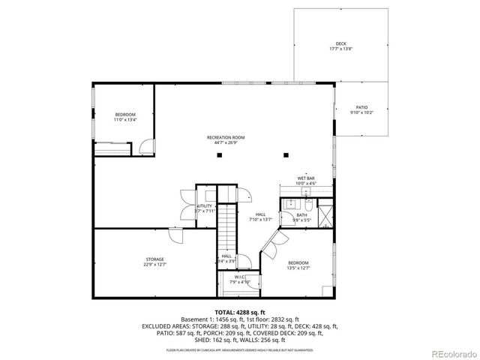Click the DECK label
click(340, 45)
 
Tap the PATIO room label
click(361, 108)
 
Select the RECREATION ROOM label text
click(226, 137)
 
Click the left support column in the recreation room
click(220, 155)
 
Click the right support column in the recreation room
click(286, 155)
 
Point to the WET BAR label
click(306, 178)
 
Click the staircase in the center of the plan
click(226, 225)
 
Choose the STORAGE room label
click(154, 259)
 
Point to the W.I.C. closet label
click(239, 277)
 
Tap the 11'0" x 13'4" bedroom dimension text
click(125, 119)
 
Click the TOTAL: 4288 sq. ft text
click(240, 311)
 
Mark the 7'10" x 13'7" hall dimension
click(260, 220)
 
